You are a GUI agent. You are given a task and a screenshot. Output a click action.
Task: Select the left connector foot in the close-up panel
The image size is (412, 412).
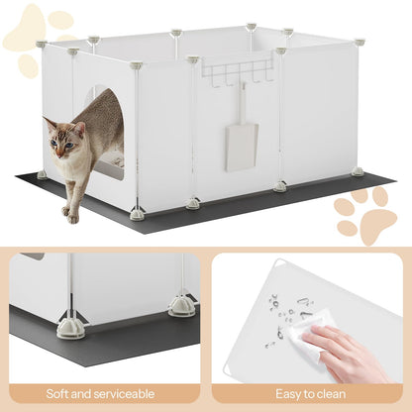(70, 327)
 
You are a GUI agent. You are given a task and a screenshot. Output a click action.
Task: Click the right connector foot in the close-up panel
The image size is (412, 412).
(181, 306)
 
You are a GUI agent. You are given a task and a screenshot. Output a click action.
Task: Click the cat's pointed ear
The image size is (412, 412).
(49, 123)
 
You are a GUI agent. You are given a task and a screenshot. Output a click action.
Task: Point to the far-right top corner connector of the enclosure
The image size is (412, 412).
(359, 43)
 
